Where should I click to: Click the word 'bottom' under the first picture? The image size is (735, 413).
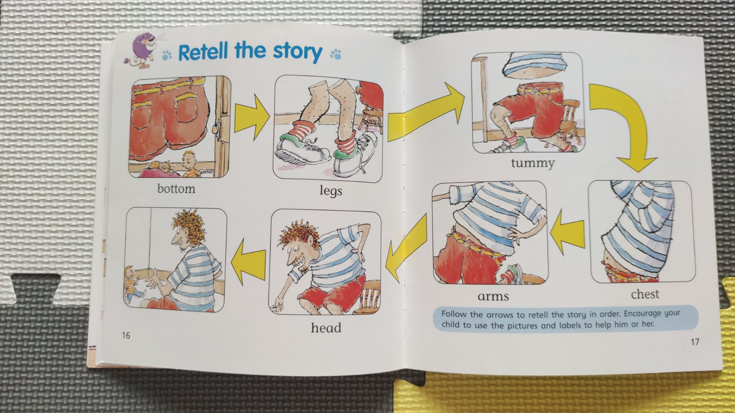click(x=176, y=189)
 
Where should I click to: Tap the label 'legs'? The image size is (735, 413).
click(x=331, y=191)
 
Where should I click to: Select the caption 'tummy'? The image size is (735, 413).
click(x=532, y=163)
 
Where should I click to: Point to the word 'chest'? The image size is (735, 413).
click(x=645, y=294)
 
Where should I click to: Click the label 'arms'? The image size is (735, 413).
click(x=493, y=296)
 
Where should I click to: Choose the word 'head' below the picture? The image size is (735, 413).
click(x=326, y=328)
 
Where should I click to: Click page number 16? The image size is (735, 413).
click(x=126, y=335)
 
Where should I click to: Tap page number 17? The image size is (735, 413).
click(x=695, y=342)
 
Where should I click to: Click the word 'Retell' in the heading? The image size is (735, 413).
click(x=203, y=51)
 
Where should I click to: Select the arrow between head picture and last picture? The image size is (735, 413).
click(x=249, y=261)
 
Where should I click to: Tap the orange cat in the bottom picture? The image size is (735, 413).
click(x=161, y=166)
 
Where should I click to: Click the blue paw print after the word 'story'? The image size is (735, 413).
click(x=336, y=54)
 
